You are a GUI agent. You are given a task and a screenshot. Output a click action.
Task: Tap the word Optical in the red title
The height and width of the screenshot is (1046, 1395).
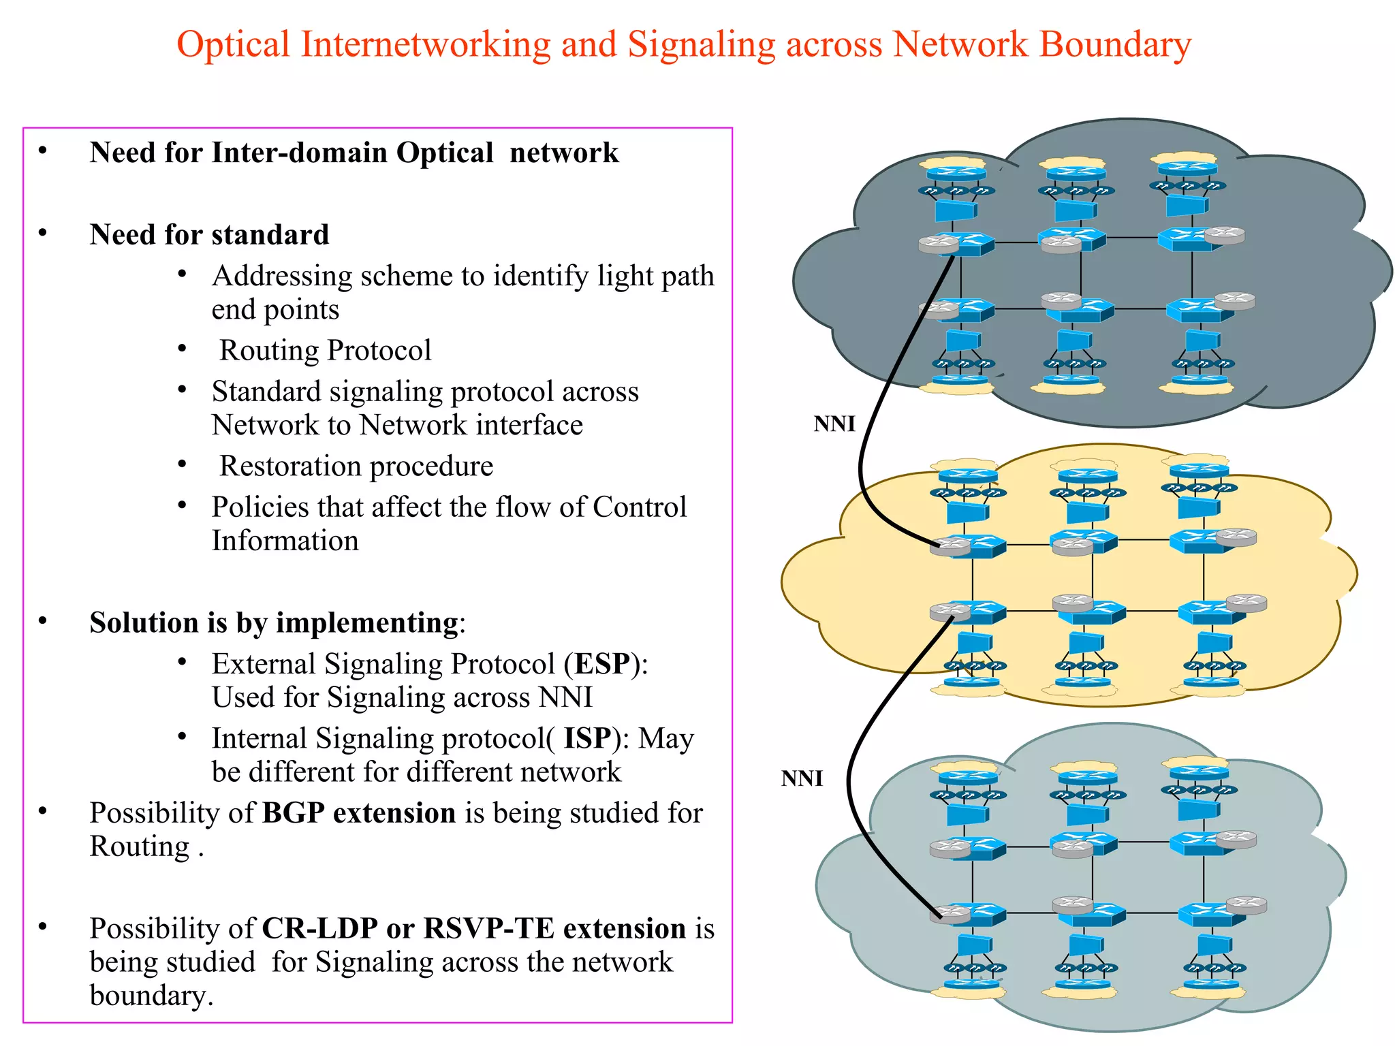tap(233, 45)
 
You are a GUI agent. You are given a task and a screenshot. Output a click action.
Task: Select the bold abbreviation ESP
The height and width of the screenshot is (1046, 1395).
tap(602, 664)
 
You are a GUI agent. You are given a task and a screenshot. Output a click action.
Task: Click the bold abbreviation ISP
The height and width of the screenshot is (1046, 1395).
tap(587, 738)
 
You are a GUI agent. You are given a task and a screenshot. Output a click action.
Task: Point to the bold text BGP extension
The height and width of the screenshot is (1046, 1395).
tap(358, 813)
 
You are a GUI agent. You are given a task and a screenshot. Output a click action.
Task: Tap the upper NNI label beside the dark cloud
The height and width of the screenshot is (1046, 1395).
tap(834, 424)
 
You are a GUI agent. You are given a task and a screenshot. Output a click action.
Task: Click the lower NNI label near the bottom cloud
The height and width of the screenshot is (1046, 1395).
tap(802, 778)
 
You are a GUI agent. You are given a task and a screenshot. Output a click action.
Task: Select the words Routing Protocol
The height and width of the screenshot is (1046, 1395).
tap(325, 351)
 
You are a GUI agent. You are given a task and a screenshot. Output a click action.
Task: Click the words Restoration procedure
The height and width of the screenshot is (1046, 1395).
tap(356, 466)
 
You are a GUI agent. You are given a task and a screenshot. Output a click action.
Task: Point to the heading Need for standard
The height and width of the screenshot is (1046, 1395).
tap(209, 235)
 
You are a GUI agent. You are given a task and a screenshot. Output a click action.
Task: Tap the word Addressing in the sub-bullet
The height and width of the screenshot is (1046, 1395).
tap(281, 276)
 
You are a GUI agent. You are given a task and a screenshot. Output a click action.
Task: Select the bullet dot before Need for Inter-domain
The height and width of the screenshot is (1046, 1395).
tap(43, 150)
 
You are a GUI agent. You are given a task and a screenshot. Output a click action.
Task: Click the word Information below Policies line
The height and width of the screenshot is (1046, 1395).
tap(285, 541)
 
